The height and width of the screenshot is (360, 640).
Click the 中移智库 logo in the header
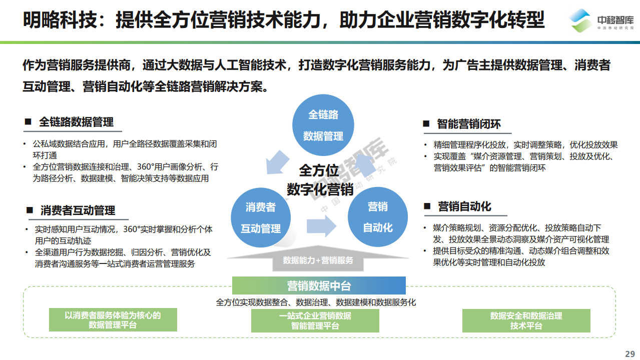[x=601, y=20]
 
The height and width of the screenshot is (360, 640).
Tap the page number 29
[x=629, y=354]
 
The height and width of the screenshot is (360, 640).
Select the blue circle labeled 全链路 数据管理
[x=323, y=125]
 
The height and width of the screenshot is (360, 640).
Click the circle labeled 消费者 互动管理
[x=261, y=217]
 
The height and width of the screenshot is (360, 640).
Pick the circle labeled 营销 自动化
[x=378, y=217]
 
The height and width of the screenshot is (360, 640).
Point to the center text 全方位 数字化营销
[x=320, y=180]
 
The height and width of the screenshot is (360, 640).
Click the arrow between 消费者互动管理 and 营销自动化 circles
[x=321, y=226]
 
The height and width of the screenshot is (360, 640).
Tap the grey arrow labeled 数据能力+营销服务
[x=318, y=258]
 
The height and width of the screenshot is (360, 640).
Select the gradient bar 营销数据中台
[x=319, y=285]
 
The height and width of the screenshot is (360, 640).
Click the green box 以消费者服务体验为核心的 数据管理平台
[x=113, y=319]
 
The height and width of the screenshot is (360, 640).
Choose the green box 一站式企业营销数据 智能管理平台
[x=315, y=320]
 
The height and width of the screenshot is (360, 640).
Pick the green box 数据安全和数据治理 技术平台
[x=526, y=320]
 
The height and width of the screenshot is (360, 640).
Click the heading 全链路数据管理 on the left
[x=76, y=122]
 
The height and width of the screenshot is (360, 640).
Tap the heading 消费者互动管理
[x=78, y=210]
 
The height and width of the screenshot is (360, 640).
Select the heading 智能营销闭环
[x=469, y=124]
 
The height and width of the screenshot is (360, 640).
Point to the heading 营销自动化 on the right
[x=464, y=206]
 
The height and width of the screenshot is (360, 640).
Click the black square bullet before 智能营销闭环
[x=426, y=123]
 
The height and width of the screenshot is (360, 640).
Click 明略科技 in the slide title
[x=60, y=20]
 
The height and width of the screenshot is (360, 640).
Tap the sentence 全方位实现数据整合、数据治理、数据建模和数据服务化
[x=316, y=302]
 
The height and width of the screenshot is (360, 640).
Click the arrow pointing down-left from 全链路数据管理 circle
[x=277, y=162]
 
